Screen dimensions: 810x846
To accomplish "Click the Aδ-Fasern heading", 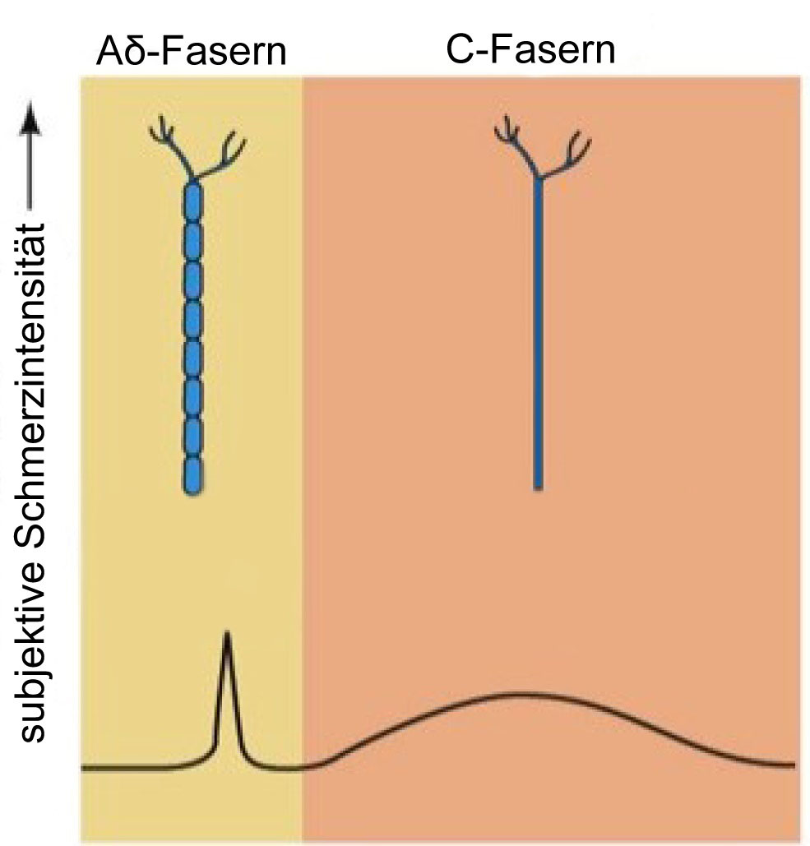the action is coord(191,52).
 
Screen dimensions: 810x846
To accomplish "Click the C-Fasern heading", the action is coord(530,50).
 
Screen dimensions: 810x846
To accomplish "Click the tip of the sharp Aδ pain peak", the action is coord(227,631).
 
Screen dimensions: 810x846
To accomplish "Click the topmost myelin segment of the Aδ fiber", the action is coord(192,201).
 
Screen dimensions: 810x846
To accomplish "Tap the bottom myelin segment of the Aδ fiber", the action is coord(192,475).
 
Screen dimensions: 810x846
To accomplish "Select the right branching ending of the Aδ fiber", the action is coord(221,155).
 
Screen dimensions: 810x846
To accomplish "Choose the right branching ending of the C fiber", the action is coord(567,155).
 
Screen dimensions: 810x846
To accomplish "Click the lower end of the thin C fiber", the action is coord(538,488).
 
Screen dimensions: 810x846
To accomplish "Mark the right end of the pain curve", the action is coord(794,765).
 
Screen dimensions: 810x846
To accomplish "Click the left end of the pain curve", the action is coord(83,768).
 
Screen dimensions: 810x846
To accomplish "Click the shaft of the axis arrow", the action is coord(30,172).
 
